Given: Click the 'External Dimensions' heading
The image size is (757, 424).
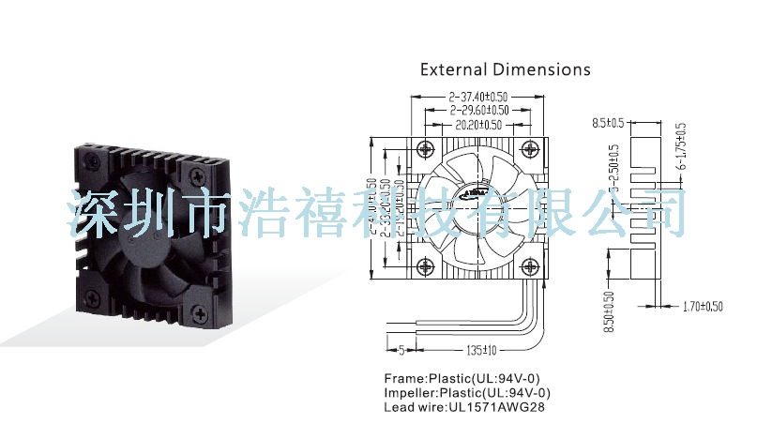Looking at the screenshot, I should point(505,69).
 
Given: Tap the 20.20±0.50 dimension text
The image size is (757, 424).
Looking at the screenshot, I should point(478,125).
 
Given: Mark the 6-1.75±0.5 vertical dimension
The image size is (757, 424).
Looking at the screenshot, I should point(682,146).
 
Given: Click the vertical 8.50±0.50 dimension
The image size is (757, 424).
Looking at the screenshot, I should point(609,311).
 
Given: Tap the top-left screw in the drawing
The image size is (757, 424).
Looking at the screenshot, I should point(428,147).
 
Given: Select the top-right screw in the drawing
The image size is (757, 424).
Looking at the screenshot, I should point(530,147).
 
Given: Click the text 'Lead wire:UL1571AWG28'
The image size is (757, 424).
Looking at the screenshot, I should point(463,408).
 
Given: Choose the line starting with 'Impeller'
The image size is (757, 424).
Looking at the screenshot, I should point(466,393).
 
